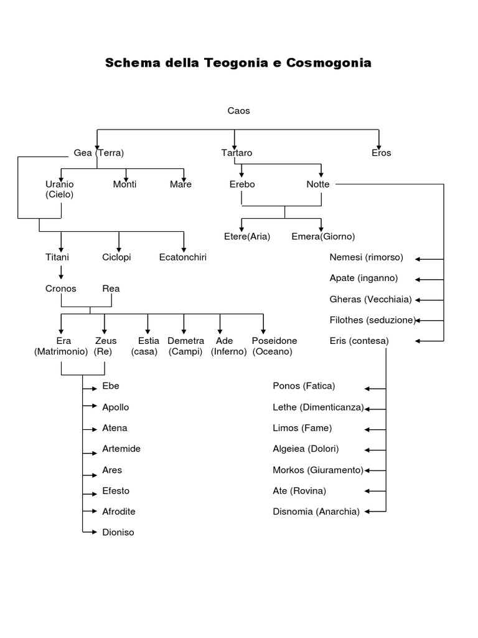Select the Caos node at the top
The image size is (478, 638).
click(x=238, y=111)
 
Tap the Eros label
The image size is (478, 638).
click(x=381, y=153)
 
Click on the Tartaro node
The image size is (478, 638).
click(x=237, y=153)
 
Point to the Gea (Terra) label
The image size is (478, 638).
click(x=99, y=153)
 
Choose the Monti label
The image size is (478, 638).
click(x=124, y=184)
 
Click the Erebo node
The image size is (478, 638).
click(x=242, y=184)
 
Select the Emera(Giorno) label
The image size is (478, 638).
click(x=323, y=237)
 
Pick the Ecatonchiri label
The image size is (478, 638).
click(x=183, y=257)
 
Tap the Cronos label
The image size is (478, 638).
click(x=61, y=288)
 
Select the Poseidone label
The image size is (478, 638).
click(x=274, y=341)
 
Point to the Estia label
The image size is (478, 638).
click(x=149, y=341)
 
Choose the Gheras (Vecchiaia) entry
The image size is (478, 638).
click(x=370, y=299)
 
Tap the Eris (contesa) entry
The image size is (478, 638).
click(x=359, y=341)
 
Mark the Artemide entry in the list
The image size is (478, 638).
click(x=121, y=449)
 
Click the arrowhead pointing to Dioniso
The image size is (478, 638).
click(x=95, y=532)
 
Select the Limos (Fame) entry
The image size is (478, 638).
click(x=302, y=428)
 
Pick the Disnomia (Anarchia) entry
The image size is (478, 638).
click(x=316, y=512)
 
